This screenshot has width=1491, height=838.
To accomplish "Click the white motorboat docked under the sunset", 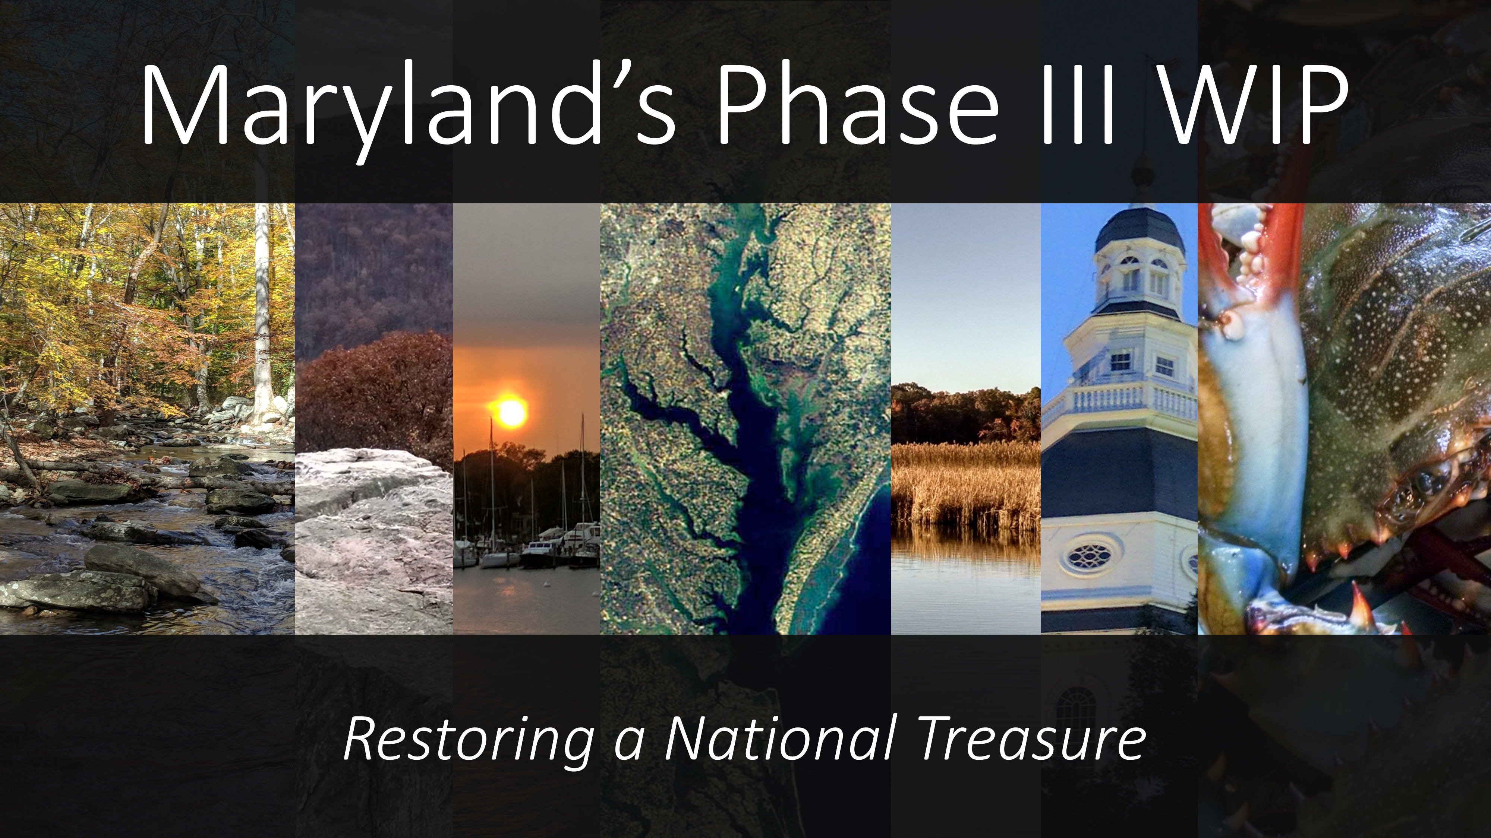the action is coord(579,541).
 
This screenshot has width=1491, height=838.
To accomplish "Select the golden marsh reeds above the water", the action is coord(965,483).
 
